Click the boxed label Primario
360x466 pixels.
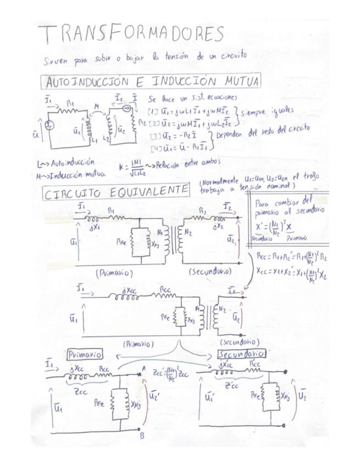click(x=84, y=353)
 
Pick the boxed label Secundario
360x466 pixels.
click(x=241, y=353)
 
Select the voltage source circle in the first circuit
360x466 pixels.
click(x=49, y=124)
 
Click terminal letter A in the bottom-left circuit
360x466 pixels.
click(x=143, y=369)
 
